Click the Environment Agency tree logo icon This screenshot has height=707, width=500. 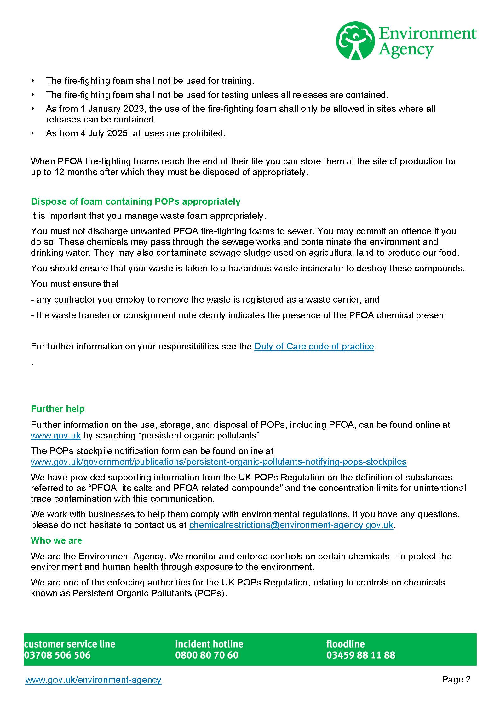[x=355, y=40]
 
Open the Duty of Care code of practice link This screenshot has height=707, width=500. [x=314, y=346]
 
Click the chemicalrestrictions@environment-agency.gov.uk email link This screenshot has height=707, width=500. [x=291, y=525]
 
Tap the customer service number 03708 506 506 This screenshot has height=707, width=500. [x=57, y=655]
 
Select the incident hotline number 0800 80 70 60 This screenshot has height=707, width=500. [x=207, y=655]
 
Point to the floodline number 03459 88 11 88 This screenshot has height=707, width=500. [x=361, y=655]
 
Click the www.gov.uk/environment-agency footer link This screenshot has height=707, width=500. [x=93, y=680]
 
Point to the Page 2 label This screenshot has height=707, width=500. [x=456, y=679]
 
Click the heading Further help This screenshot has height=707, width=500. [x=58, y=409]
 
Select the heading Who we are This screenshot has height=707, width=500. [x=56, y=540]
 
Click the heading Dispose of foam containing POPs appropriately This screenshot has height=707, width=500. [x=135, y=201]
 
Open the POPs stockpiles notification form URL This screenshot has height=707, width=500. [x=219, y=461]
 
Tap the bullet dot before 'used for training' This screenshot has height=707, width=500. [x=32, y=81]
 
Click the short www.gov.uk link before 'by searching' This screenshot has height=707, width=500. [x=56, y=435]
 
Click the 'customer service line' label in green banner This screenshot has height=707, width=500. [x=70, y=644]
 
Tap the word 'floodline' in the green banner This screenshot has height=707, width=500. [x=345, y=644]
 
